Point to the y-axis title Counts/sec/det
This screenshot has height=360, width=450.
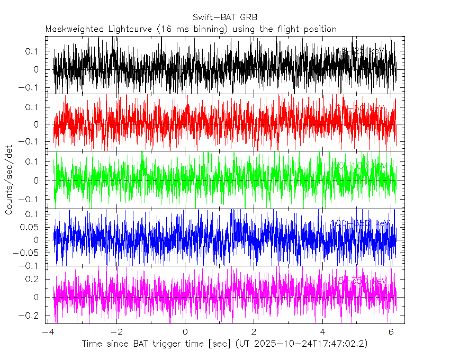9,179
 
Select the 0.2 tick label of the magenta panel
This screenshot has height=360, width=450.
38,278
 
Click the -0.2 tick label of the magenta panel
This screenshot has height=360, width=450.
35,315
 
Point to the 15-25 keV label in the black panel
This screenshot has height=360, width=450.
361,51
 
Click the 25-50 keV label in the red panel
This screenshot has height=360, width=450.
361,108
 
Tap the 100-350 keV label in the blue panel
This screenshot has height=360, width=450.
361,223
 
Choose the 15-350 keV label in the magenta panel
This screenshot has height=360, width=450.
361,280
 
